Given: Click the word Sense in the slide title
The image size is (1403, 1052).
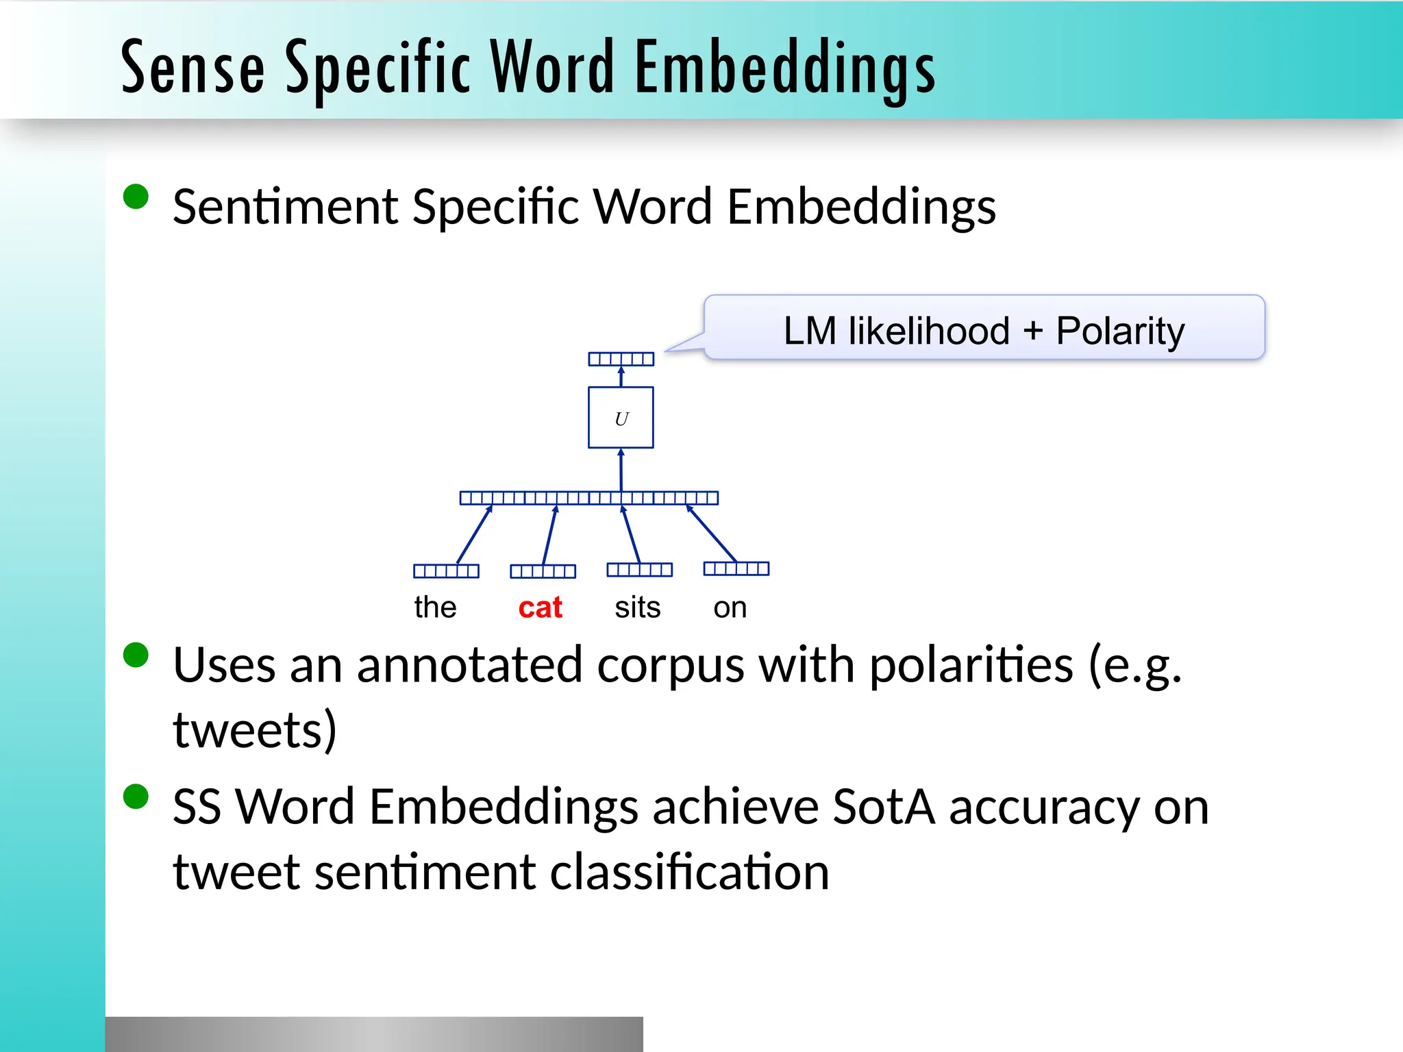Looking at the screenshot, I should click(x=193, y=68).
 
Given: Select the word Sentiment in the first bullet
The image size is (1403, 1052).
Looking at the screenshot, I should click(x=284, y=207).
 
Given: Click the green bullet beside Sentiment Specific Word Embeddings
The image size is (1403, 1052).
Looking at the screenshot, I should click(x=136, y=197).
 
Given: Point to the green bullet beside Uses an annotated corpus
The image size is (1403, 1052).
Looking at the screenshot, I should click(x=136, y=655).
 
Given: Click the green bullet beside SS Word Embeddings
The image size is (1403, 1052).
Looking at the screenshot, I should click(x=136, y=797).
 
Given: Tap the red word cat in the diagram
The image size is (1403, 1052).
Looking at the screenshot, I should click(x=540, y=608).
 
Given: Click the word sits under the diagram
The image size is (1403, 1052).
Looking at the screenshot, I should click(x=637, y=608).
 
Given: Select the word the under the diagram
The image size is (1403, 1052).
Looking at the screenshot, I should click(x=435, y=608).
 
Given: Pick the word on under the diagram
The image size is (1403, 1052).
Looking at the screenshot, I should click(x=730, y=608).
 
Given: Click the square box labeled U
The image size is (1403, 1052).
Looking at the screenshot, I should click(x=621, y=418).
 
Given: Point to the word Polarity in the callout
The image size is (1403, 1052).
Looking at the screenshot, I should click(x=1120, y=331).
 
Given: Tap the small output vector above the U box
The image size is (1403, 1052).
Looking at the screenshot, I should click(x=621, y=359).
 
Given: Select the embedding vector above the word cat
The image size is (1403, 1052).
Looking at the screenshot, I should click(x=543, y=571).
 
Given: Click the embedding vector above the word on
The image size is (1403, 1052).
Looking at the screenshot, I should click(x=736, y=568).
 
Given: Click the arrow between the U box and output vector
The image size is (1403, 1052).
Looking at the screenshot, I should click(x=621, y=377).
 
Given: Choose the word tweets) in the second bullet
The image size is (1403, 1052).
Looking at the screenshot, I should click(x=255, y=730).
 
